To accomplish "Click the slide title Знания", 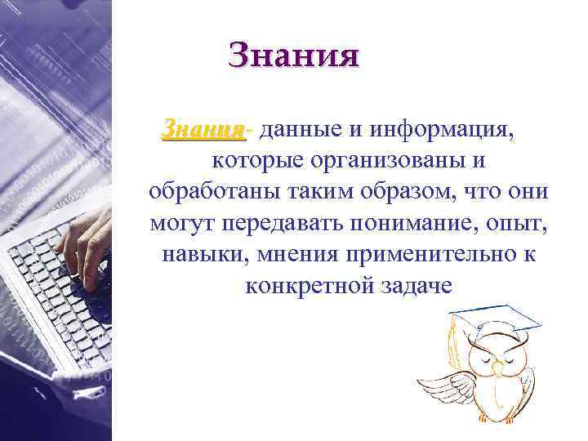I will click(294, 55).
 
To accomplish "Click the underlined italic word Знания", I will click(203, 129).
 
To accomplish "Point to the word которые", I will click(255, 160).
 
